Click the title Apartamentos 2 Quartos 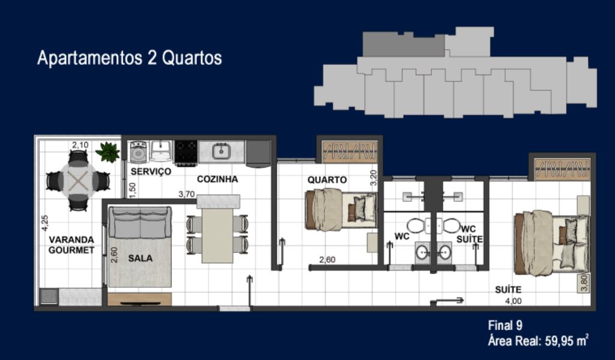130,58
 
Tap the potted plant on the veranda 108,151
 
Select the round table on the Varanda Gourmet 78,181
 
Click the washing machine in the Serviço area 138,151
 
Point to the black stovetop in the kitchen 186,152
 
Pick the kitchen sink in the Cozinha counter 221,151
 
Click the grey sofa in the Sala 140,222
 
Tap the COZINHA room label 217,179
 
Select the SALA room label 140,258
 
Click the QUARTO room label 327,180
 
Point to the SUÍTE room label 508,290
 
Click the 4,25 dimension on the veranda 44,222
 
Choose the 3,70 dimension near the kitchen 186,194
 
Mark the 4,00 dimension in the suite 514,301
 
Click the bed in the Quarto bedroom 341,210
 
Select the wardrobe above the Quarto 349,151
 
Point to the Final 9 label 505,325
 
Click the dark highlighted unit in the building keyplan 403,44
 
